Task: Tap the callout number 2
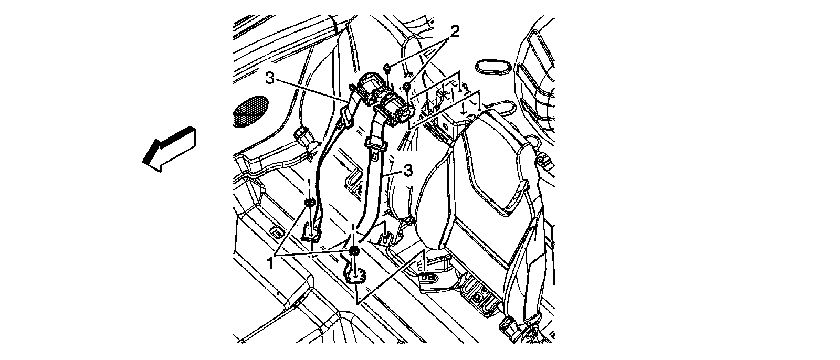click(x=454, y=32)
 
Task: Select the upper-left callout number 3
click(x=269, y=79)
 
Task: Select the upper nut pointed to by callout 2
click(x=386, y=67)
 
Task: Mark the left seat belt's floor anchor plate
click(x=312, y=231)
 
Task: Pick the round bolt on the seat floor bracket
click(x=478, y=297)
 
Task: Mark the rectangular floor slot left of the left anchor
click(x=276, y=231)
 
